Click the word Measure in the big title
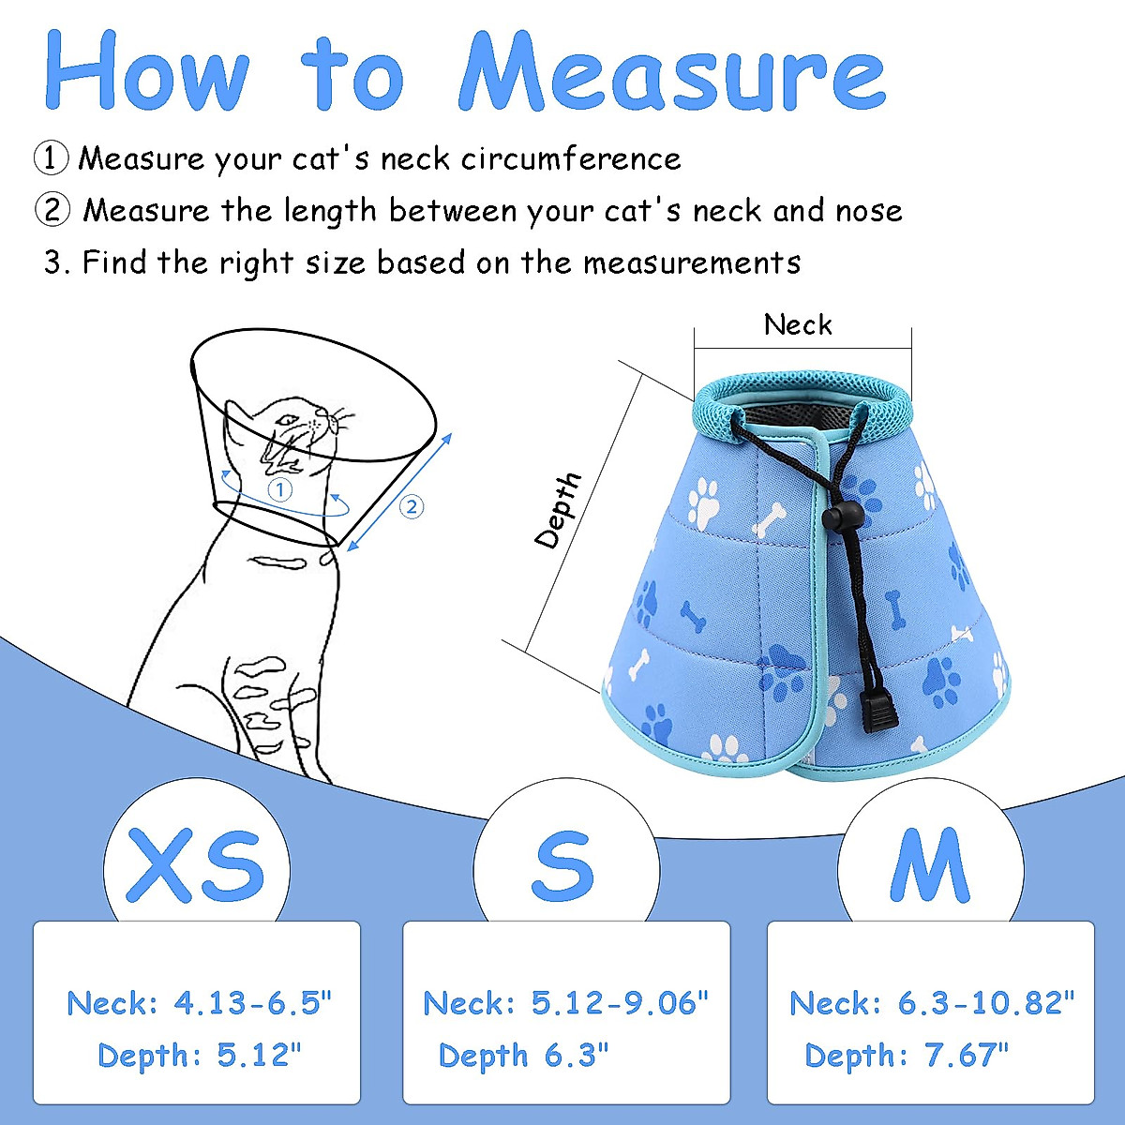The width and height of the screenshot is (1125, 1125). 671,73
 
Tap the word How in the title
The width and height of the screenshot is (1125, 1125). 148,73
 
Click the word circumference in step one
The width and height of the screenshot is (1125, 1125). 571,158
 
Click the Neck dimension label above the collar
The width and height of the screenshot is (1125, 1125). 798,325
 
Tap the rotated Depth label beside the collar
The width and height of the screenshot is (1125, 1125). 558,511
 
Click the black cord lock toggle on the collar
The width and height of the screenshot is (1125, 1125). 837,517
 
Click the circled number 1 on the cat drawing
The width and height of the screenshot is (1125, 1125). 280,489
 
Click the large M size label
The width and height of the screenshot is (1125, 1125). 928,863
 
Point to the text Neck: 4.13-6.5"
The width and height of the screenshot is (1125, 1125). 200,1003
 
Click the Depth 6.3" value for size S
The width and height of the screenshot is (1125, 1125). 523,1056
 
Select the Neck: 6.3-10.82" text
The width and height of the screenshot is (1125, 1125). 932,1003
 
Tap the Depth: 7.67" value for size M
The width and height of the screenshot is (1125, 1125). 907,1056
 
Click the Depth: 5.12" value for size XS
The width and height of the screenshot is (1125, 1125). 200,1056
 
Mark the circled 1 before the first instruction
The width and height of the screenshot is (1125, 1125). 52,158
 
